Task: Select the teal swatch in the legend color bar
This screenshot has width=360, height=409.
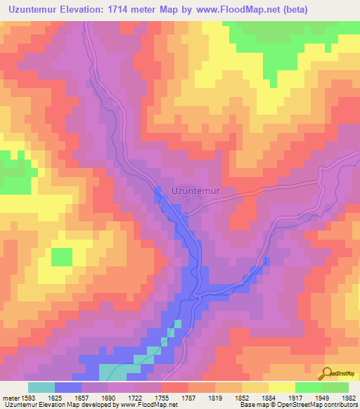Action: pos(41,387)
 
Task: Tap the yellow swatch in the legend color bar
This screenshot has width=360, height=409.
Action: pos(281,387)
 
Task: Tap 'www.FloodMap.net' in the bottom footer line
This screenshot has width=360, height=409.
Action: pos(148,405)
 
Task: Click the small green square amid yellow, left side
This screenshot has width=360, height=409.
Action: pos(61,257)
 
